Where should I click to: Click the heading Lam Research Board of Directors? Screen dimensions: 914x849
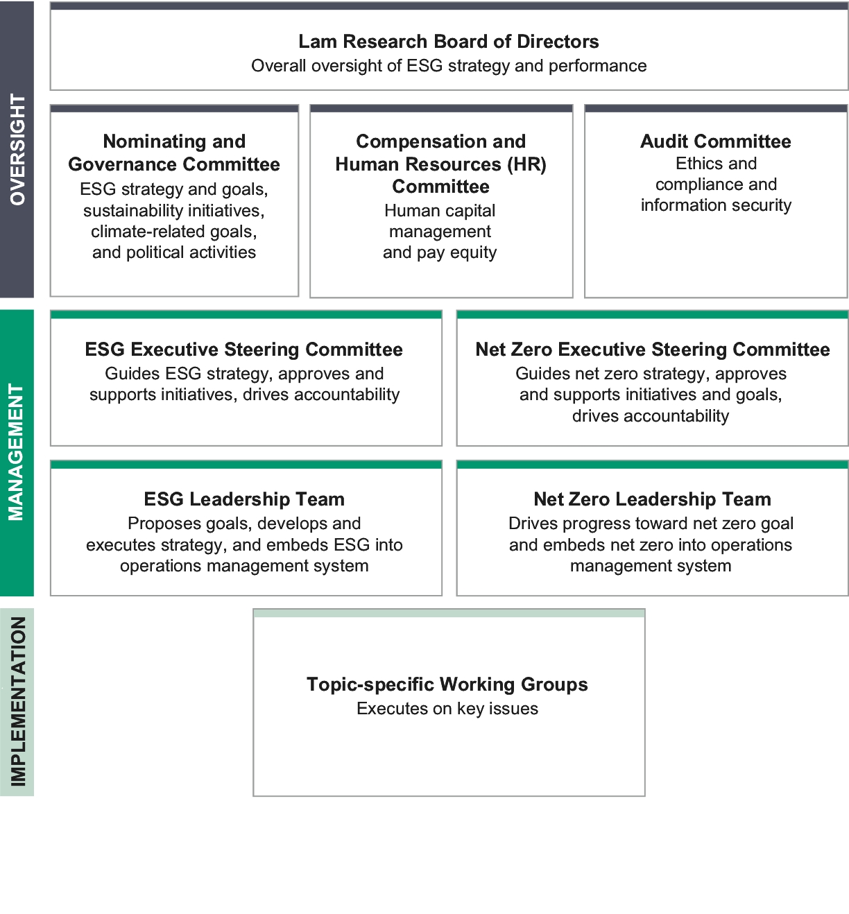pos(448,42)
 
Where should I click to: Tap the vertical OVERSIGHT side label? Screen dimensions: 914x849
pos(17,149)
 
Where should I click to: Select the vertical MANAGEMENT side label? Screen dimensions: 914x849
pos(17,452)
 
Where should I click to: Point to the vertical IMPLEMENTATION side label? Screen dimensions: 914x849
pos(17,701)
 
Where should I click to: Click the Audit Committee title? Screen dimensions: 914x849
pos(715,141)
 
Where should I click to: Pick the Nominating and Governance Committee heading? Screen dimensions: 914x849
pos(174,153)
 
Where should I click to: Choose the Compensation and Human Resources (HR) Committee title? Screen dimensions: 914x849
pos(440,164)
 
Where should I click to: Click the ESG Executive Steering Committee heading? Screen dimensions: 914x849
pos(243,350)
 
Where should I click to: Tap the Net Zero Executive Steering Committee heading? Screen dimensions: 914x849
pos(652,350)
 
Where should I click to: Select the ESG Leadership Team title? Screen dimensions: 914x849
pos(243,499)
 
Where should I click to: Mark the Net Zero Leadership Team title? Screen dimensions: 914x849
pos(652,499)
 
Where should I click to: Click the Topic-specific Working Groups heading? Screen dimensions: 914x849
pos(447,684)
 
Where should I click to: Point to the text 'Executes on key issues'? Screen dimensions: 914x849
pos(447,709)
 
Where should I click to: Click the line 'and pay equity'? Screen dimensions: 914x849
pos(440,252)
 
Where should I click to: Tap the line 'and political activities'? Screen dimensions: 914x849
pos(174,252)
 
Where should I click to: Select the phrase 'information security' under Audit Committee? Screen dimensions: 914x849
pos(716,205)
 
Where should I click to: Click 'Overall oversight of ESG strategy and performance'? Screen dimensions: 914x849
pos(449,66)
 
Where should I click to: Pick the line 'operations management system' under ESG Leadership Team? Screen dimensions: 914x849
pos(244,566)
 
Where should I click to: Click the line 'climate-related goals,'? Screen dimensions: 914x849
pos(174,232)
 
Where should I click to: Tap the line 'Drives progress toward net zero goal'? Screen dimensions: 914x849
pos(651,524)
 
